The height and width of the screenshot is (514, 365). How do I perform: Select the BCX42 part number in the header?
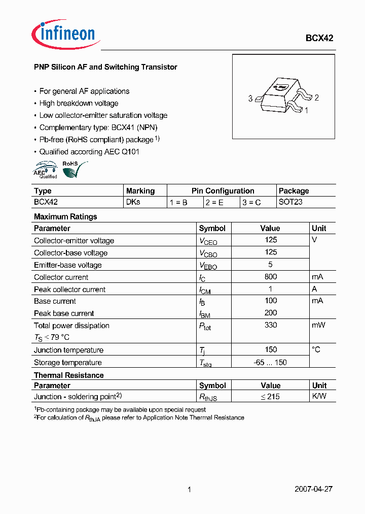[x=319, y=38]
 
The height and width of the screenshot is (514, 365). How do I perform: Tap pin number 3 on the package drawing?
[x=250, y=99]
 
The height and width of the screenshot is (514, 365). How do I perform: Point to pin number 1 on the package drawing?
[x=306, y=109]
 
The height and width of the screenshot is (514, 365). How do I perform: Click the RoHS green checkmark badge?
[x=73, y=170]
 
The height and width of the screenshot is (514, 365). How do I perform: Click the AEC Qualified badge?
[x=46, y=170]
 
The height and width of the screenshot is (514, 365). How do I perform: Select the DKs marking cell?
[x=133, y=202]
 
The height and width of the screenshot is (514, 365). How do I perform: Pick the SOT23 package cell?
[x=291, y=202]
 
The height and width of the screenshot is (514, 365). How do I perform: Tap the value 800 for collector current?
[x=271, y=277]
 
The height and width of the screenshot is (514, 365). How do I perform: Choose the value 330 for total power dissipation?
[x=271, y=325]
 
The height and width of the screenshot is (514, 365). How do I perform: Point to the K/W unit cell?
[x=319, y=396]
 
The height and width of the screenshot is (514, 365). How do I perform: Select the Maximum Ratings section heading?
[x=65, y=216]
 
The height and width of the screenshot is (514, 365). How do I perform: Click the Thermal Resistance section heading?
[x=69, y=375]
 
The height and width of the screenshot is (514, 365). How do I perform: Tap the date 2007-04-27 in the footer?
[x=313, y=490]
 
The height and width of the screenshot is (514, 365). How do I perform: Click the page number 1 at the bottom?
[x=189, y=490]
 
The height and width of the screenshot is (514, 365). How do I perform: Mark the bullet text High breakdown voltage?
[x=79, y=103]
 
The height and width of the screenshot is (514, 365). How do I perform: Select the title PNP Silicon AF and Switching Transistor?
[x=105, y=67]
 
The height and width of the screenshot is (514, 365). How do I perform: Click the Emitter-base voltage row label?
[x=68, y=265]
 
